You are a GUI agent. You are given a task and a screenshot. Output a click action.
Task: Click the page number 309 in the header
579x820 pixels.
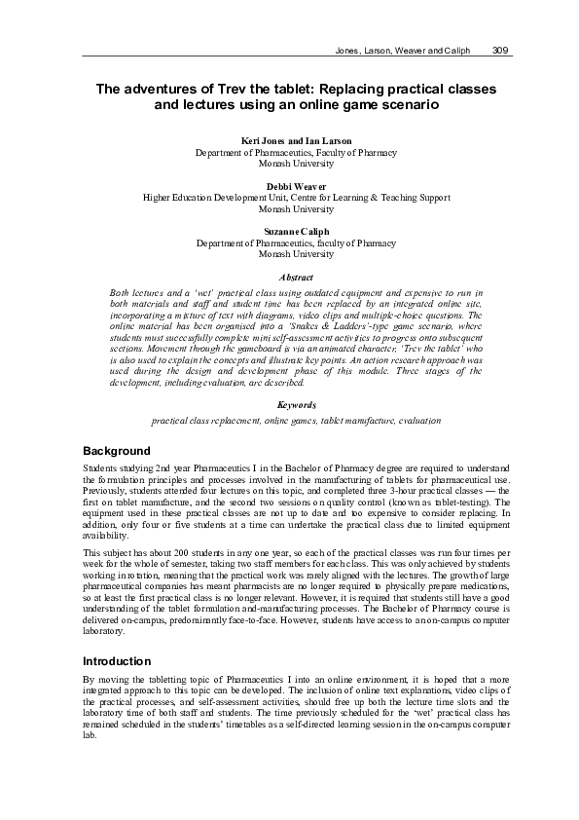502,51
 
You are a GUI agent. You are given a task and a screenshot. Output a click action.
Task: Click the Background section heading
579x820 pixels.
117,452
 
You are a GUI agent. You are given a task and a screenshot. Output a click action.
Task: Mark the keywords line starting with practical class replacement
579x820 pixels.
296,420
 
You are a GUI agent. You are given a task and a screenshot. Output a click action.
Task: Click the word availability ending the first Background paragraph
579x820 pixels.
106,536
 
